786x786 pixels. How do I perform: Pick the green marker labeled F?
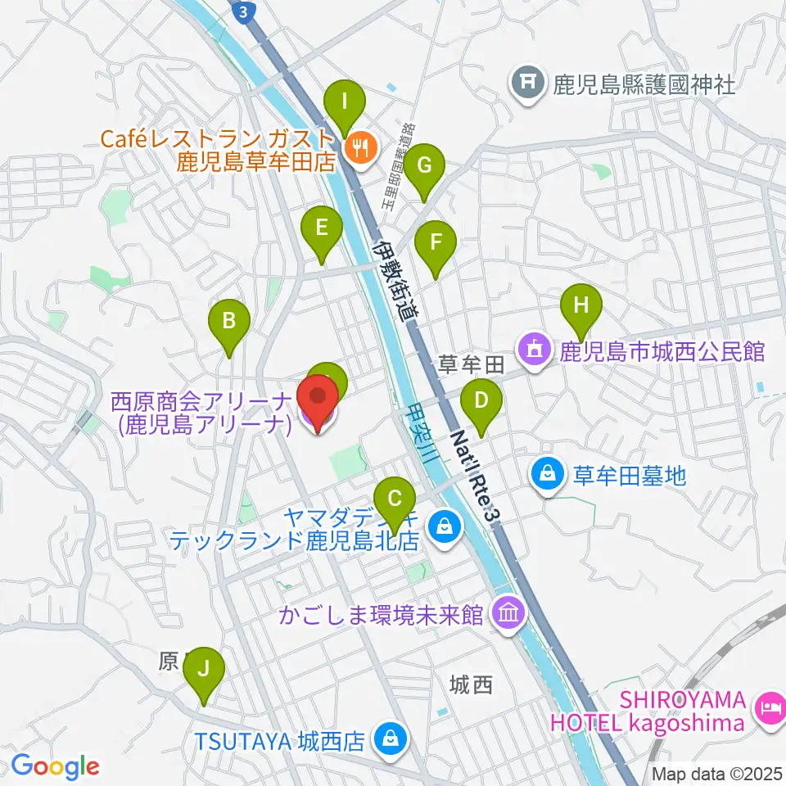pos(435,244)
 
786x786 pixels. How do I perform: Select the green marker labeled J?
pos(204,671)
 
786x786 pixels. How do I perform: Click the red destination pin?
pos(318,400)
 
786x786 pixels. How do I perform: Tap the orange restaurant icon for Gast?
pos(359,147)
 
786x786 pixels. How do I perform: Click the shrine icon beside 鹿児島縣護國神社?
pos(528,82)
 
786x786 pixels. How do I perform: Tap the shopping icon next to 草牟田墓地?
pos(546,472)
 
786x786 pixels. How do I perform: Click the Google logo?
pos(55,766)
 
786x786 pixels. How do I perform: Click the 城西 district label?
pos(472,684)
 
